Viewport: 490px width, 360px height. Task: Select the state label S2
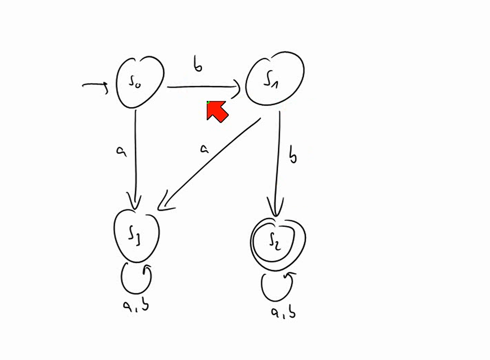(x=275, y=241)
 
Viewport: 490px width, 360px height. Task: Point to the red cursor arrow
(x=217, y=111)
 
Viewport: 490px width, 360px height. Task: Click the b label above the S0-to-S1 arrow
(x=198, y=64)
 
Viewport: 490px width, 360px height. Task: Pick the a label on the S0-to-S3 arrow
(x=121, y=151)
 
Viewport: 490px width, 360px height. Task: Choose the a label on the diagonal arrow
(x=204, y=149)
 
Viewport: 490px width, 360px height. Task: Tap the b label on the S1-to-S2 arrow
(x=292, y=155)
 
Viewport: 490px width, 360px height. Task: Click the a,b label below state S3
(x=136, y=304)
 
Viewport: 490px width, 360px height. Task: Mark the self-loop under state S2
(x=262, y=288)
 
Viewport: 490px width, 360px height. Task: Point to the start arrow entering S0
(x=95, y=84)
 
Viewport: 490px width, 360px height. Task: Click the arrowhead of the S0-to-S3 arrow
(x=135, y=202)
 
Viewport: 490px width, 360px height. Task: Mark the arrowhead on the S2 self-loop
(x=289, y=276)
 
